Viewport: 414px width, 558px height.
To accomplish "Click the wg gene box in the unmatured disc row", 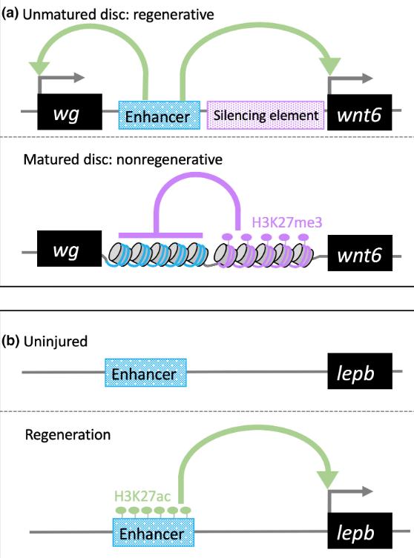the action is point(70,112).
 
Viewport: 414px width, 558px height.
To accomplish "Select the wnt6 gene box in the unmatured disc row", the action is point(360,112).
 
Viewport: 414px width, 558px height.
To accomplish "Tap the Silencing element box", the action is point(266,115).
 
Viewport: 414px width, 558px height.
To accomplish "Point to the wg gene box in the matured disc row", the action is point(70,248).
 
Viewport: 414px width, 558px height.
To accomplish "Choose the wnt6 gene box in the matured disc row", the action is point(360,253).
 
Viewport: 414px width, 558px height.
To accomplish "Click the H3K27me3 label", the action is point(287,223).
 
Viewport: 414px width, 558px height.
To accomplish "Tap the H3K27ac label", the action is point(142,496).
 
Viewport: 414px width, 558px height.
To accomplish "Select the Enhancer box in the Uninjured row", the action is point(145,373).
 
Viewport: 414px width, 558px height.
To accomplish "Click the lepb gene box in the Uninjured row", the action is point(360,371).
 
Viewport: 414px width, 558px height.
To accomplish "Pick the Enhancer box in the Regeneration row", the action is point(154,532).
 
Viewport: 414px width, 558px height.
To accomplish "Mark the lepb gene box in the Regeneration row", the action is point(360,531).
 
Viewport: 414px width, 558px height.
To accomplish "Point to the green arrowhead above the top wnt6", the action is point(330,66).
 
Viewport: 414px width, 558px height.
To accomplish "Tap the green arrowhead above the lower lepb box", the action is point(328,479).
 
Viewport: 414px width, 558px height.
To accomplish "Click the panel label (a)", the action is point(10,13).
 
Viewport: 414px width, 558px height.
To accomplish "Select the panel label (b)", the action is point(10,341).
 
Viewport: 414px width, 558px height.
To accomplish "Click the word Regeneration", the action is point(68,435).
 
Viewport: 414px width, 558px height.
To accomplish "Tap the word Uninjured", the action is point(56,342).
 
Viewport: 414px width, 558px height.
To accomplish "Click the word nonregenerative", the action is point(170,159).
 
